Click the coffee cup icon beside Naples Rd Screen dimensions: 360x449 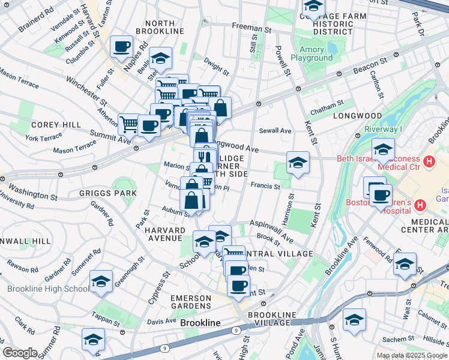pyautogui.click(x=121, y=46)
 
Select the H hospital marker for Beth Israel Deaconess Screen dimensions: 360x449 pyautogui.click(x=429, y=161)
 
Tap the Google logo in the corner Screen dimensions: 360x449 pyautogui.click(x=20, y=353)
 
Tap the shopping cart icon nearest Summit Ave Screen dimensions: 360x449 pyautogui.click(x=129, y=124)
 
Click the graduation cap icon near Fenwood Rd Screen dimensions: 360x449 pyautogui.click(x=405, y=263)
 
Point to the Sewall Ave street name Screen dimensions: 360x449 pyautogui.click(x=274, y=131)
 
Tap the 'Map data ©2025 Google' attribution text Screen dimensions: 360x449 pyautogui.click(x=411, y=355)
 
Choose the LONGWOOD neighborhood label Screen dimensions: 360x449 pyautogui.click(x=361, y=115)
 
